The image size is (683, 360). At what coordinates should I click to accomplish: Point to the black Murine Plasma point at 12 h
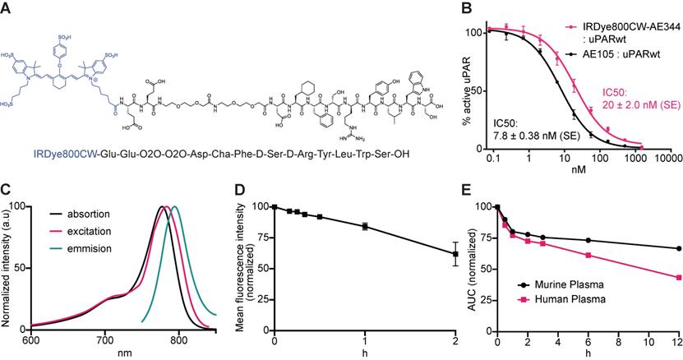click(676, 248)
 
